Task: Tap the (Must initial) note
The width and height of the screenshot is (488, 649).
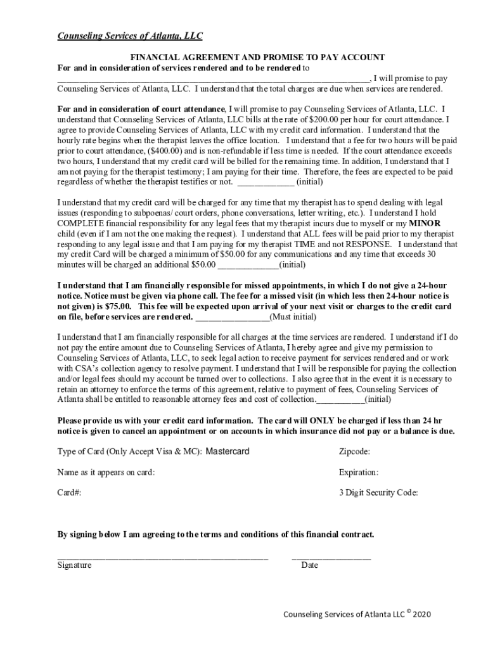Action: pyautogui.click(x=293, y=316)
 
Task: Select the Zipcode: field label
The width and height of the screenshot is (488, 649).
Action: pyautogui.click(x=355, y=451)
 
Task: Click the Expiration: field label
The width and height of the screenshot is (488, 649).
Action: pyautogui.click(x=359, y=472)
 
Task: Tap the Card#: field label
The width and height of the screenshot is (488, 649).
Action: pyautogui.click(x=69, y=492)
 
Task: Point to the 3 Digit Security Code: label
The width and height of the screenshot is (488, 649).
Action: pyautogui.click(x=378, y=492)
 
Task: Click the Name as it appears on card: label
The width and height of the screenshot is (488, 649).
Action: pyautogui.click(x=106, y=472)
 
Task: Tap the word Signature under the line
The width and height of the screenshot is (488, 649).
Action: pyautogui.click(x=74, y=565)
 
